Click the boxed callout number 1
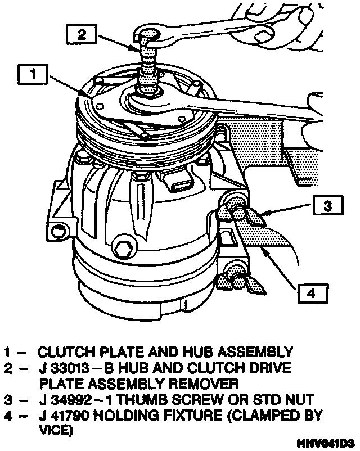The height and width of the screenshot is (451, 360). (34, 74)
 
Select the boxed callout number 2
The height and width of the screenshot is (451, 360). (82, 34)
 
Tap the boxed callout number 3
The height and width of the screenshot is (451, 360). (327, 206)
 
